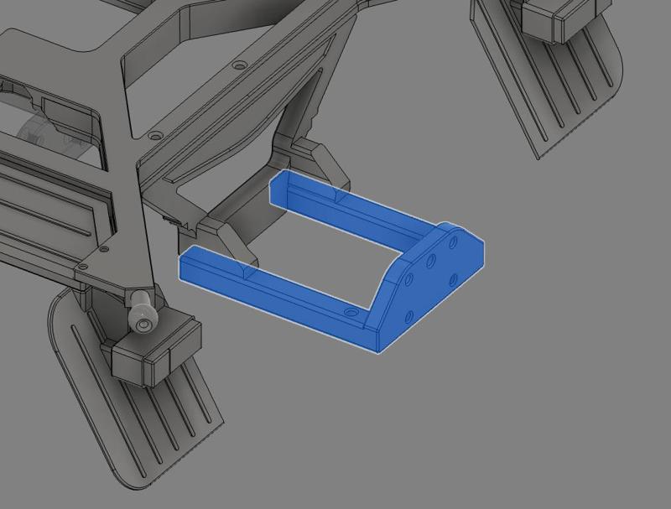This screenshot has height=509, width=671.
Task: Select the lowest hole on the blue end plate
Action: click(408, 316)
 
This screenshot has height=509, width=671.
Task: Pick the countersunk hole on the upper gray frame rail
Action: click(240, 65)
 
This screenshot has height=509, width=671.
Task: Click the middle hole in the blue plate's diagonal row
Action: click(430, 261)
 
